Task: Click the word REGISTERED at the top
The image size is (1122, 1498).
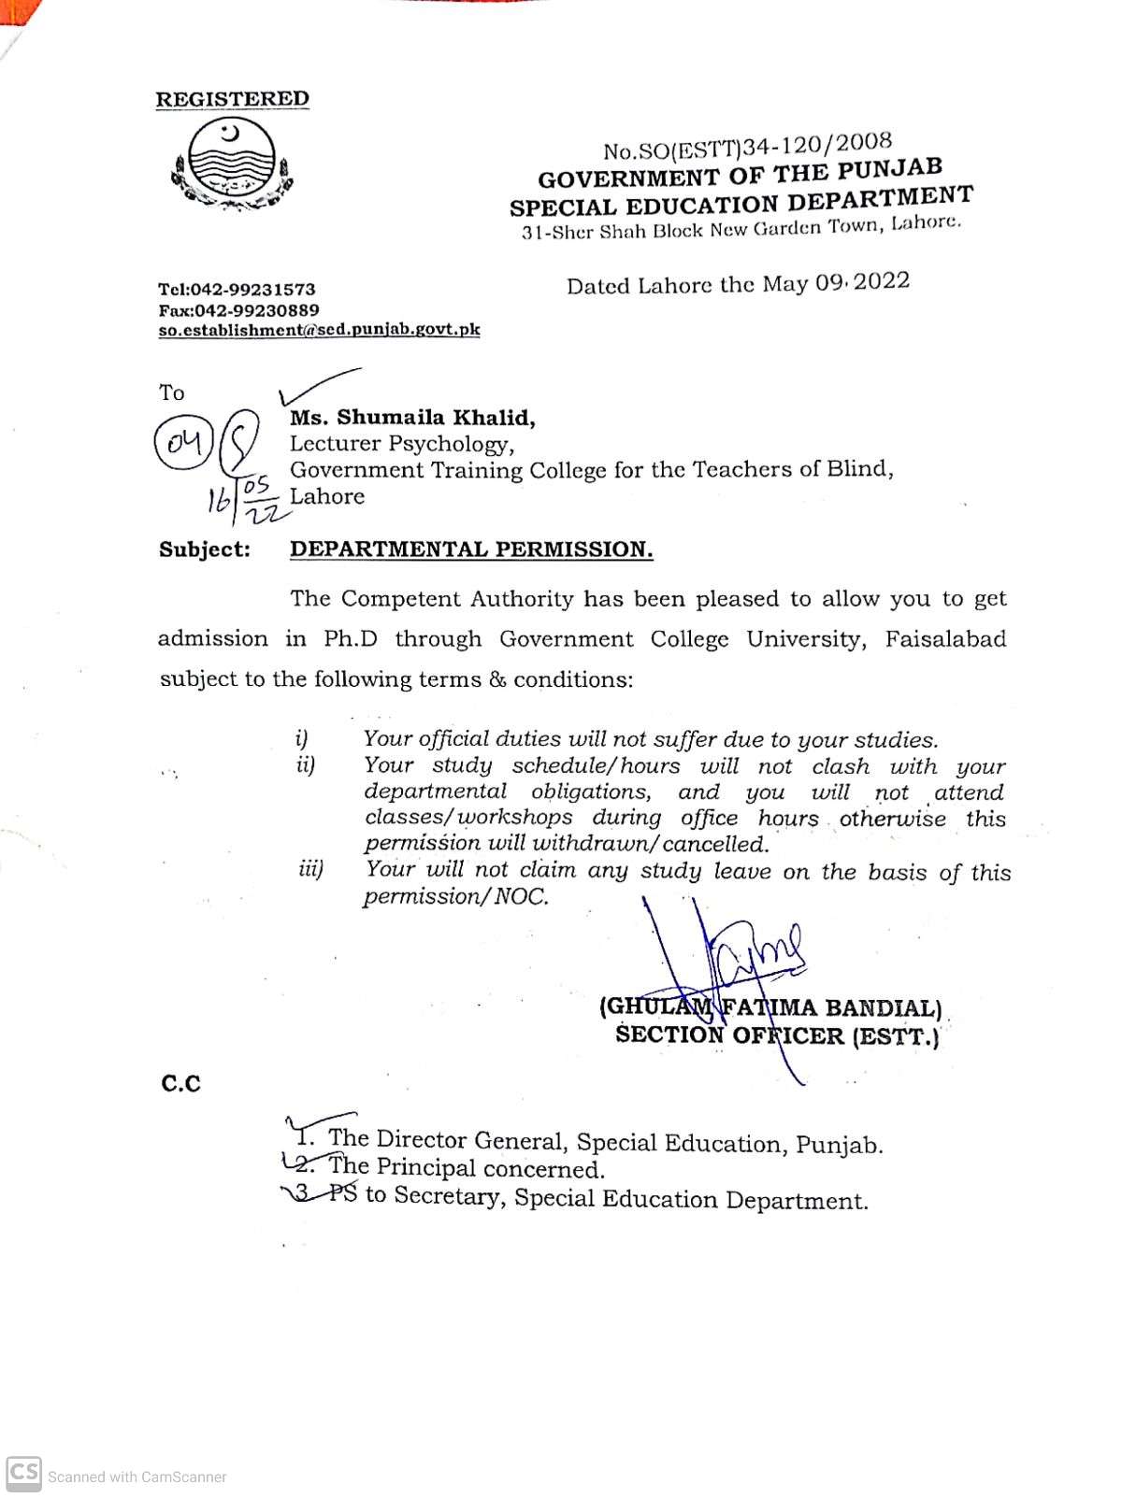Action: pyautogui.click(x=232, y=99)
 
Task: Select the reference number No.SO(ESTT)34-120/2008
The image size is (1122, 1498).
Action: pyautogui.click(x=747, y=146)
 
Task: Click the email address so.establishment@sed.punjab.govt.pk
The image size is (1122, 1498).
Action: pyautogui.click(x=319, y=330)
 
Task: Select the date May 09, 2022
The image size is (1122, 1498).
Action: pyautogui.click(x=835, y=282)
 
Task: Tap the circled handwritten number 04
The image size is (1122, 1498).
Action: pyautogui.click(x=184, y=442)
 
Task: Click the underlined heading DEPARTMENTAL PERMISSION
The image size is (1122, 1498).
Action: pyautogui.click(x=471, y=549)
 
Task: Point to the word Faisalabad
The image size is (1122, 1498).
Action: pyautogui.click(x=945, y=640)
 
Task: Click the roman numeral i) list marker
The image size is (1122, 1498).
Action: pyautogui.click(x=302, y=739)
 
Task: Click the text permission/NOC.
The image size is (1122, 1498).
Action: pyautogui.click(x=455, y=897)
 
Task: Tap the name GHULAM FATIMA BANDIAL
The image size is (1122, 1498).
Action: pyautogui.click(x=770, y=1007)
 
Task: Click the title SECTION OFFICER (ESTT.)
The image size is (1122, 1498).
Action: pyautogui.click(x=776, y=1035)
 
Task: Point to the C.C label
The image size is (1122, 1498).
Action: pyautogui.click(x=180, y=1084)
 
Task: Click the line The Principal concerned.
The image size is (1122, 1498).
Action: pyautogui.click(x=466, y=1168)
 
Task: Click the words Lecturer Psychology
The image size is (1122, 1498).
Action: pyautogui.click(x=401, y=444)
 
